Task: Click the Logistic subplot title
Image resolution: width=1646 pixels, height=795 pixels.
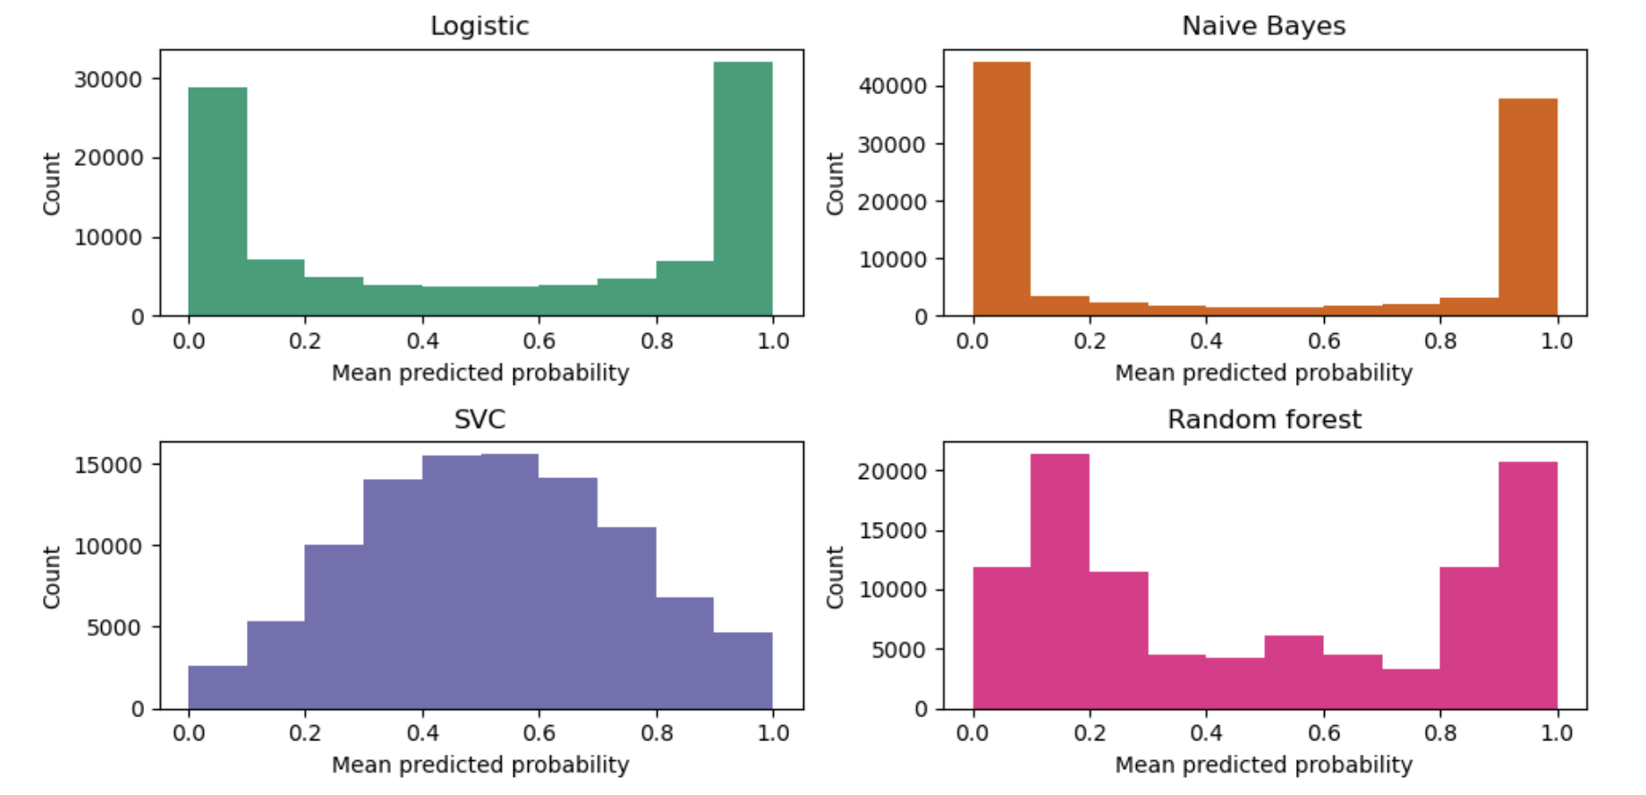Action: click(x=479, y=26)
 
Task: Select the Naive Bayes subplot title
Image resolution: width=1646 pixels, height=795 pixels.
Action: click(x=1263, y=26)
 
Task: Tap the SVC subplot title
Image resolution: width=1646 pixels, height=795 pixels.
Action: click(x=479, y=419)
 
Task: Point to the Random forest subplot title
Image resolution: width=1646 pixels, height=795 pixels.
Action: click(x=1263, y=419)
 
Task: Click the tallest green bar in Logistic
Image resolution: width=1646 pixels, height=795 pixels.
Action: click(x=743, y=189)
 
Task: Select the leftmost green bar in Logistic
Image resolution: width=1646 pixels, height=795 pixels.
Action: click(x=217, y=201)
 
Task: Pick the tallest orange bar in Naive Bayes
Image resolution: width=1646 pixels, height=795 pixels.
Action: click(x=1002, y=189)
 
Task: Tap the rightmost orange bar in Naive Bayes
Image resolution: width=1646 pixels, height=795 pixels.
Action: click(x=1528, y=207)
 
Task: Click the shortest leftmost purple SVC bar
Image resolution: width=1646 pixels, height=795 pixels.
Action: click(x=217, y=687)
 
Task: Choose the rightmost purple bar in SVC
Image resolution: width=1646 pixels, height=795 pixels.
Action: click(x=743, y=671)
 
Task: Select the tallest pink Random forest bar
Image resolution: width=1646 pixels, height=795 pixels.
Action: click(x=1060, y=581)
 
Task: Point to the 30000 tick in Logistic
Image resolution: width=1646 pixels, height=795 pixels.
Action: click(x=108, y=80)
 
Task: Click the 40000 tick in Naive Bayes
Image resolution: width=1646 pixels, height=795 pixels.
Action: click(x=892, y=86)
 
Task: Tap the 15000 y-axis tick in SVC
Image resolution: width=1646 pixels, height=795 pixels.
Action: click(x=108, y=465)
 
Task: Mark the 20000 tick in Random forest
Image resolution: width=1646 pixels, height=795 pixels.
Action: click(x=892, y=471)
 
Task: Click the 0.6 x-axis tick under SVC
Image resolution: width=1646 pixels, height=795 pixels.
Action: click(x=539, y=733)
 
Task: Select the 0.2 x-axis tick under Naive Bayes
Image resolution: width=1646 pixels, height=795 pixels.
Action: click(x=1090, y=341)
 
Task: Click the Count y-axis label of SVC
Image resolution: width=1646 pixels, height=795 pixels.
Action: click(x=51, y=577)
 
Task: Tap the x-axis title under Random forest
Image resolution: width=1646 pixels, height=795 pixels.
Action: click(x=1263, y=765)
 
